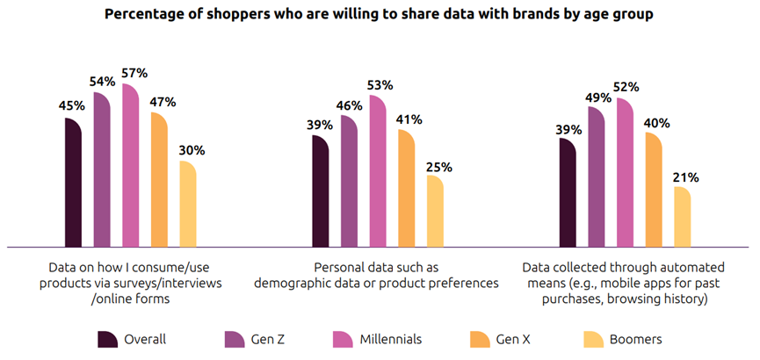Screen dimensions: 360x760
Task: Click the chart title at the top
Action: [x=380, y=15]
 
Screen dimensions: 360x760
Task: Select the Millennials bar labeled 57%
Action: [x=131, y=167]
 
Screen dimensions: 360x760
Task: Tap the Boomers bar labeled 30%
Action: [x=187, y=204]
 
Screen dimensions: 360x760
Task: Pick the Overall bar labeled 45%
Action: [x=73, y=183]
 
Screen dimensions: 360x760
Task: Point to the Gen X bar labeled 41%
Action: [x=406, y=188]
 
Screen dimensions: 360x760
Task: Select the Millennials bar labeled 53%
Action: [x=377, y=172]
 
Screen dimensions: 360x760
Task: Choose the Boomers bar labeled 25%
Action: [x=434, y=211]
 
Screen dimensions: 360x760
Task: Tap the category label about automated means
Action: [x=623, y=283]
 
